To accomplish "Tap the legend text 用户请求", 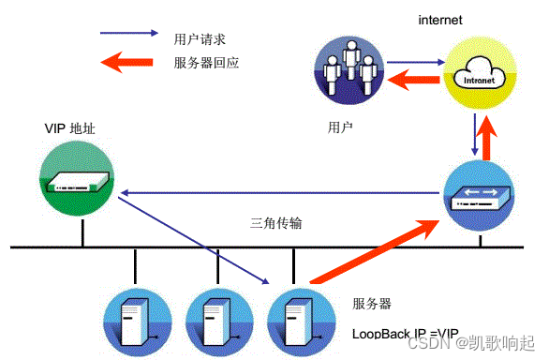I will point(200,39).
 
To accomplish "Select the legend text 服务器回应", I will point(206,64).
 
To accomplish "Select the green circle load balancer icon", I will point(81,184).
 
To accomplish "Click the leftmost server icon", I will point(137,320).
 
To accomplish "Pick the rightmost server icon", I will point(296,320).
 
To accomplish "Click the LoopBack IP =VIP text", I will point(406,333).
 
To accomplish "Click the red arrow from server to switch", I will point(370,251).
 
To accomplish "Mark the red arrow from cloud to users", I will point(414,82).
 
